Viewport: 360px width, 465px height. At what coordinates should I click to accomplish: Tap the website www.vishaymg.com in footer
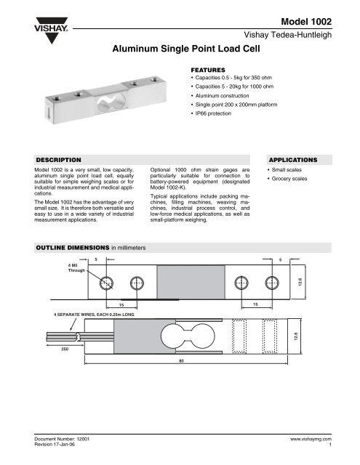tap(310, 440)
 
